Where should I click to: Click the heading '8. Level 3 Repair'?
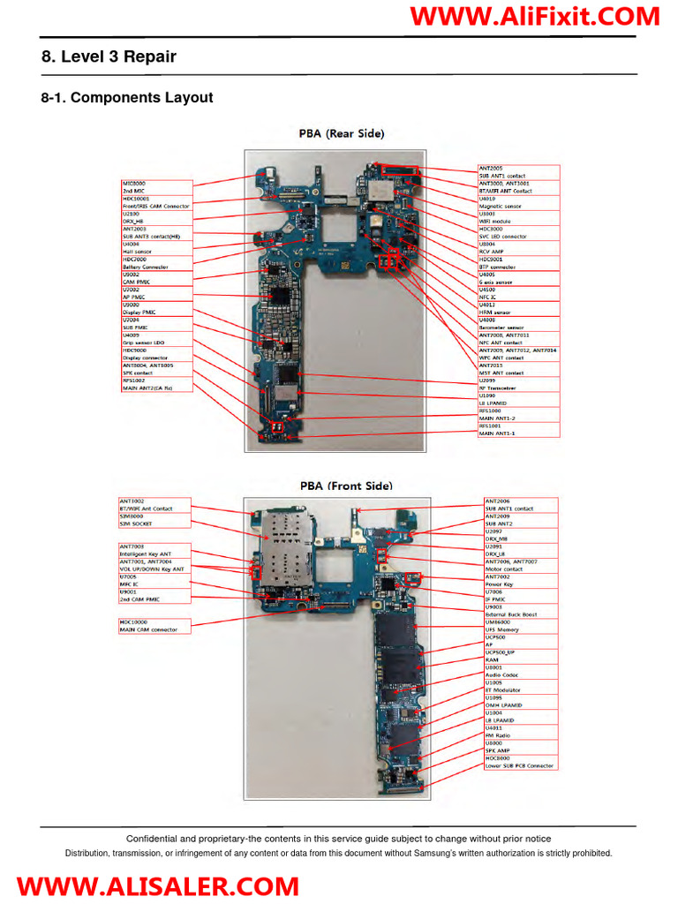click(109, 57)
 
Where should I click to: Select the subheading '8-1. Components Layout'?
click(127, 98)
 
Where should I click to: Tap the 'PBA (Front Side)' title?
click(346, 486)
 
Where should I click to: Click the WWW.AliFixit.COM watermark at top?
click(535, 17)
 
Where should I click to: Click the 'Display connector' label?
click(147, 358)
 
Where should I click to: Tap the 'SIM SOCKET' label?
click(136, 524)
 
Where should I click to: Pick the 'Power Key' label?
click(499, 584)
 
